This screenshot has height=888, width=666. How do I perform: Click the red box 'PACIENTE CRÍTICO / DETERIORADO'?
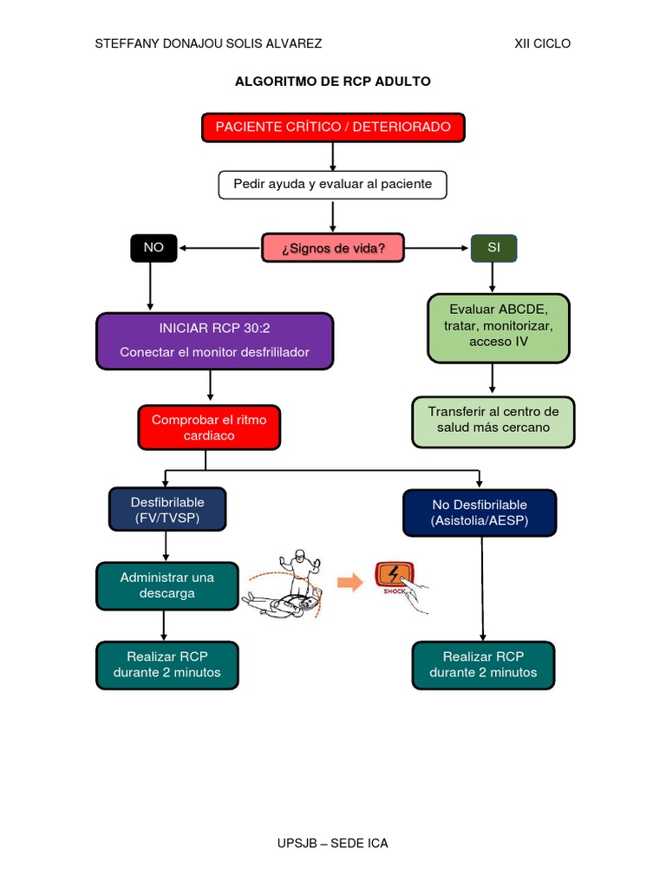click(333, 127)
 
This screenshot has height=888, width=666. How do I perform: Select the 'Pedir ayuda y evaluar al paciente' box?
click(332, 185)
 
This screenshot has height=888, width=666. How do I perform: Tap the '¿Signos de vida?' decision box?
click(334, 248)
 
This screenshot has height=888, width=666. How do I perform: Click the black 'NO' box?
click(153, 248)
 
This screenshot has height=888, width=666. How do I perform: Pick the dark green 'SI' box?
click(494, 248)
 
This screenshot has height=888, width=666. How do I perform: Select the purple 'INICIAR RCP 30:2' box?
click(214, 341)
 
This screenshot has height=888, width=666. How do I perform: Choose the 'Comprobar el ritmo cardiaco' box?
click(209, 428)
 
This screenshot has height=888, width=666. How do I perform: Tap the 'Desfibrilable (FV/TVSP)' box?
click(167, 510)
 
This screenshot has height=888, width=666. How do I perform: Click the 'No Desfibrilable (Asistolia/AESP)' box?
click(480, 513)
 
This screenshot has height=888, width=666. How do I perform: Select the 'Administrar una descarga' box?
click(167, 585)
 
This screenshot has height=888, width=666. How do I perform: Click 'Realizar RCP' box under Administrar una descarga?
click(166, 665)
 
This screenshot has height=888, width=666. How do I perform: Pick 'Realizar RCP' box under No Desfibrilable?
click(483, 665)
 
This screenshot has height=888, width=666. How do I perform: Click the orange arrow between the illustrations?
click(349, 583)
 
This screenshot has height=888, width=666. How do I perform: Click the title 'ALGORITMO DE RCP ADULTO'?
click(333, 82)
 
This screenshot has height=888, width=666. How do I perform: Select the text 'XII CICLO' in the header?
click(542, 43)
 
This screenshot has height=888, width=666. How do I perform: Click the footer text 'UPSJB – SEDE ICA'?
click(333, 843)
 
